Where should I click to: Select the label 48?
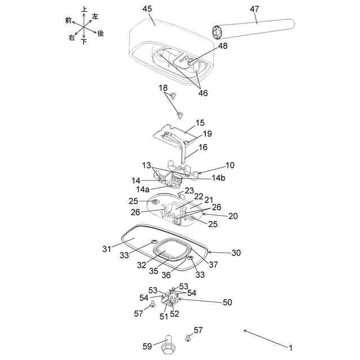(223, 47)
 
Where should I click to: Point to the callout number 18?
(163, 88)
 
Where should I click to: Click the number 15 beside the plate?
(200, 123)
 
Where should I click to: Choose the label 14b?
(219, 178)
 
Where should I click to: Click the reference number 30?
(236, 253)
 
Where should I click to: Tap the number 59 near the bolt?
(147, 346)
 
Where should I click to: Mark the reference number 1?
(291, 347)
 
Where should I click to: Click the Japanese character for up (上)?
(84, 10)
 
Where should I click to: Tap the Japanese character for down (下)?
(84, 42)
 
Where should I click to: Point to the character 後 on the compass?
(101, 33)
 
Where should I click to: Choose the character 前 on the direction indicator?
(69, 20)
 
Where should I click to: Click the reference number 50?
(227, 302)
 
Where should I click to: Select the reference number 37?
(213, 264)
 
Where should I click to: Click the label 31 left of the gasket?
(107, 247)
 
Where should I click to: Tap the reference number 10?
(230, 165)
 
